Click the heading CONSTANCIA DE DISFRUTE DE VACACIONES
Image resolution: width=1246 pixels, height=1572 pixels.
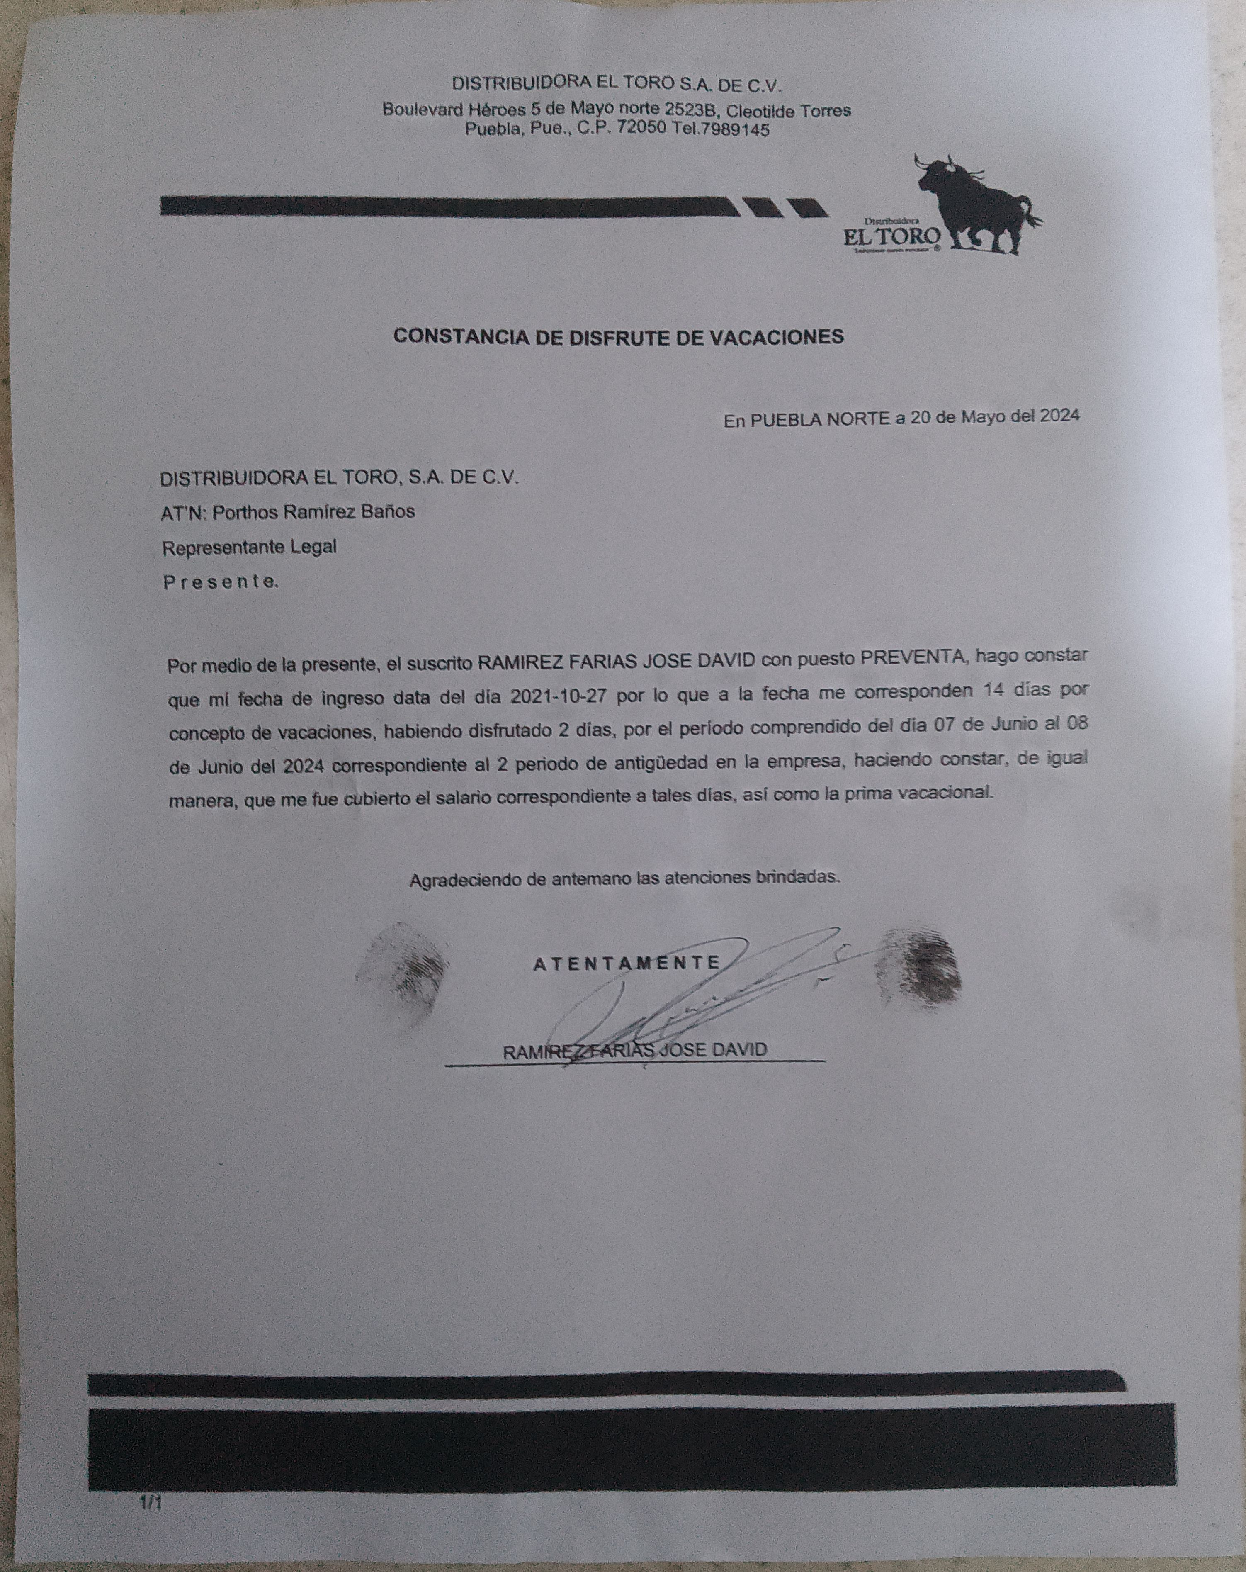pos(618,336)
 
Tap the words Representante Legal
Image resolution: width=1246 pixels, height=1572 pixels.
pos(249,547)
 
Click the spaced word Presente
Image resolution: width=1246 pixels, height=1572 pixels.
pos(219,583)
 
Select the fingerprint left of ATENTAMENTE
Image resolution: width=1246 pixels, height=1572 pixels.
pos(405,973)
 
